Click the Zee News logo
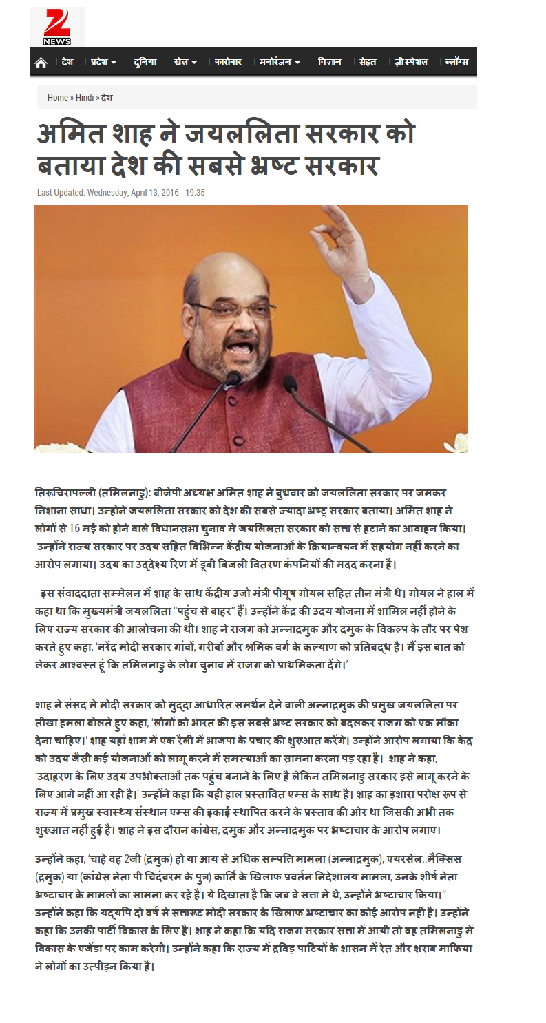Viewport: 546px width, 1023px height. point(56,28)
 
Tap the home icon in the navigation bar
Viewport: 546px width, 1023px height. point(41,63)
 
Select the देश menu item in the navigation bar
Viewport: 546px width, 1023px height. point(67,62)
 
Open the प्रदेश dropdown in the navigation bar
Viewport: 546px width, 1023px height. point(103,62)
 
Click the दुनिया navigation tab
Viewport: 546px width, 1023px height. point(145,62)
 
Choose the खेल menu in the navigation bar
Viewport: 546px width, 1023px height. point(185,62)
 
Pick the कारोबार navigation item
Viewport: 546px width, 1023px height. point(228,62)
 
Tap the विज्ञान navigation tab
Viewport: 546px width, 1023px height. point(330,62)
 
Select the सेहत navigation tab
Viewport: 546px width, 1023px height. point(368,62)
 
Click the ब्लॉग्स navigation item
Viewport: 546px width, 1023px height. point(456,62)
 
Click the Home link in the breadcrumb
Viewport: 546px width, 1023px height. point(58,98)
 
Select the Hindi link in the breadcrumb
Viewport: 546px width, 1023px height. point(85,98)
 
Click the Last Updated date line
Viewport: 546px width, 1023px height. point(121,193)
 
